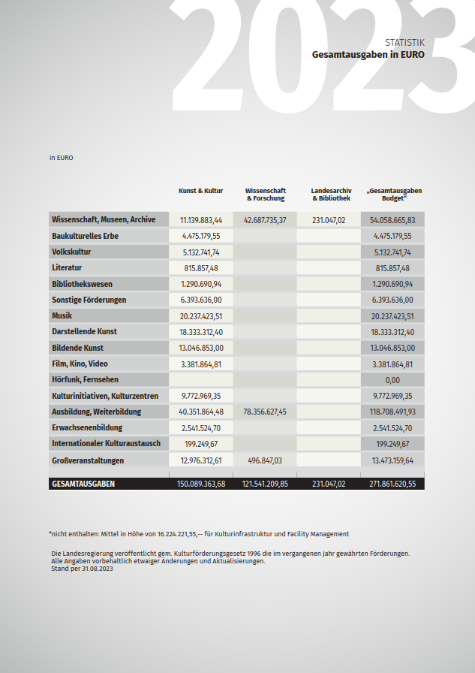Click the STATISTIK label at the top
[x=404, y=42]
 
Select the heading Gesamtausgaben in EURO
[x=368, y=54]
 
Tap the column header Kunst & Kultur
[x=201, y=191]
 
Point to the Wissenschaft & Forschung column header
[x=265, y=195]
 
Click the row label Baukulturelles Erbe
[x=85, y=236]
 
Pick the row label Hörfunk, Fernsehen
[x=85, y=379]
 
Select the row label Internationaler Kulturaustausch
[x=106, y=443]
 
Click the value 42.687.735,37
[x=265, y=220]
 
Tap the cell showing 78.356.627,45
[x=265, y=412]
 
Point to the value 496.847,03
[x=265, y=460]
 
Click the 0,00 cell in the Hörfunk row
[x=392, y=380]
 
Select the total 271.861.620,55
[x=392, y=484]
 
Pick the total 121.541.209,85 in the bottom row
[x=265, y=484]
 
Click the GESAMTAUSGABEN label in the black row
[x=83, y=484]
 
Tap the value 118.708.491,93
[x=392, y=412]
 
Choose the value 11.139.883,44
[x=201, y=220]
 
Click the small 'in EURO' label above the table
[x=61, y=158]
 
